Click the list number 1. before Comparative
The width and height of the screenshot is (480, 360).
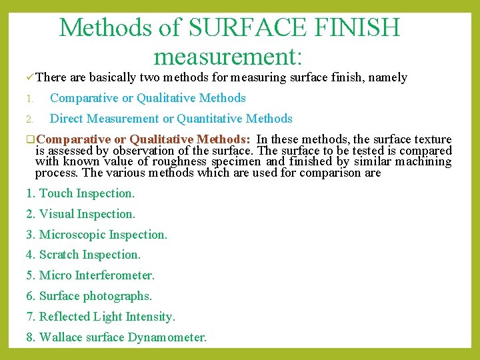[x=29, y=99]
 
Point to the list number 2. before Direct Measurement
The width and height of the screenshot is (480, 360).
[x=29, y=119]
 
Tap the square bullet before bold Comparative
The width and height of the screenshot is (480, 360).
[x=30, y=140]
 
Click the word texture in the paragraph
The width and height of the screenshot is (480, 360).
[x=431, y=139]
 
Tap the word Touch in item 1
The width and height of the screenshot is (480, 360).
[x=56, y=193]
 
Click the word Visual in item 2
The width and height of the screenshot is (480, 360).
[x=56, y=214]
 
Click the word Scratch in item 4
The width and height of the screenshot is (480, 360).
[x=59, y=255]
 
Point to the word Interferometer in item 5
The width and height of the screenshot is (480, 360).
[x=115, y=275]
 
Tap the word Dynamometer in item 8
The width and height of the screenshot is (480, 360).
[x=167, y=337]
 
